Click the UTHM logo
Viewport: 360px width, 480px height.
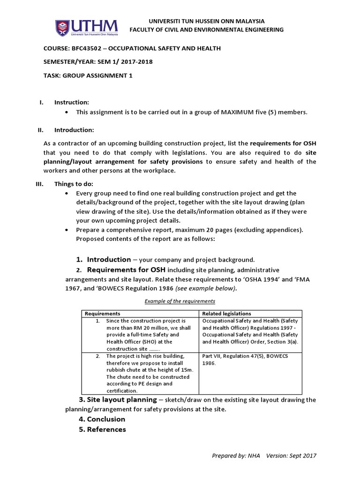[x=86, y=28]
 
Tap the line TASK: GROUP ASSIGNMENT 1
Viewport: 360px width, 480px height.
[x=91, y=75]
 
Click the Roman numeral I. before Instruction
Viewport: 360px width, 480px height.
[x=40, y=102]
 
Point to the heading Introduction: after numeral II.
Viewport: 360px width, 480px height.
[x=74, y=130]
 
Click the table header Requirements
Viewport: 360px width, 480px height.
[x=102, y=314]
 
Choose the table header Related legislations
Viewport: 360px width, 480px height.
[x=226, y=314]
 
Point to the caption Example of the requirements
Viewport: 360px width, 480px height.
[x=180, y=301]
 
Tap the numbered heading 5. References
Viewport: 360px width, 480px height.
[x=102, y=429]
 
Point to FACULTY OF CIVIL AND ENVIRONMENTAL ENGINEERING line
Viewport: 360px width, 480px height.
[x=206, y=30]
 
